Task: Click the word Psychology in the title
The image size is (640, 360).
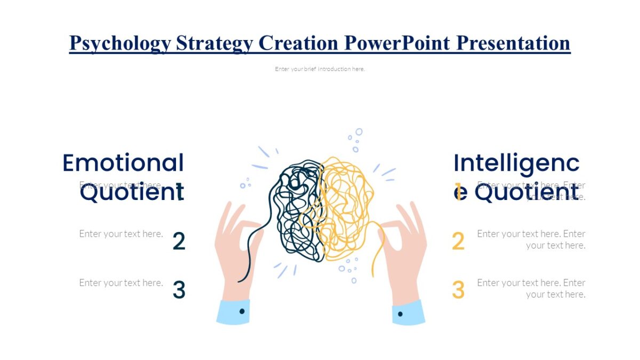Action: click(121, 43)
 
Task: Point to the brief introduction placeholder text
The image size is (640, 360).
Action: click(320, 69)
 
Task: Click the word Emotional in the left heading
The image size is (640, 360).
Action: click(123, 163)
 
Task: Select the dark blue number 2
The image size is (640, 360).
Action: click(179, 242)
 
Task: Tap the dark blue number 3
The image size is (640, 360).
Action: click(179, 290)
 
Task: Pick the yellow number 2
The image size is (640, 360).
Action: click(458, 242)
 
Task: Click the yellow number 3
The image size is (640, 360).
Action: click(458, 290)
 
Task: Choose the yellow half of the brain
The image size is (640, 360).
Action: click(344, 208)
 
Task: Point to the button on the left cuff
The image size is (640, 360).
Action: click(242, 310)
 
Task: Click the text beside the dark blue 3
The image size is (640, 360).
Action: click(121, 283)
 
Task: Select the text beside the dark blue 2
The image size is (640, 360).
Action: click(121, 234)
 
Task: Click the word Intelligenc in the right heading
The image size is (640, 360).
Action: click(516, 163)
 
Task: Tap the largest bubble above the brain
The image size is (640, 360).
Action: click(359, 132)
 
